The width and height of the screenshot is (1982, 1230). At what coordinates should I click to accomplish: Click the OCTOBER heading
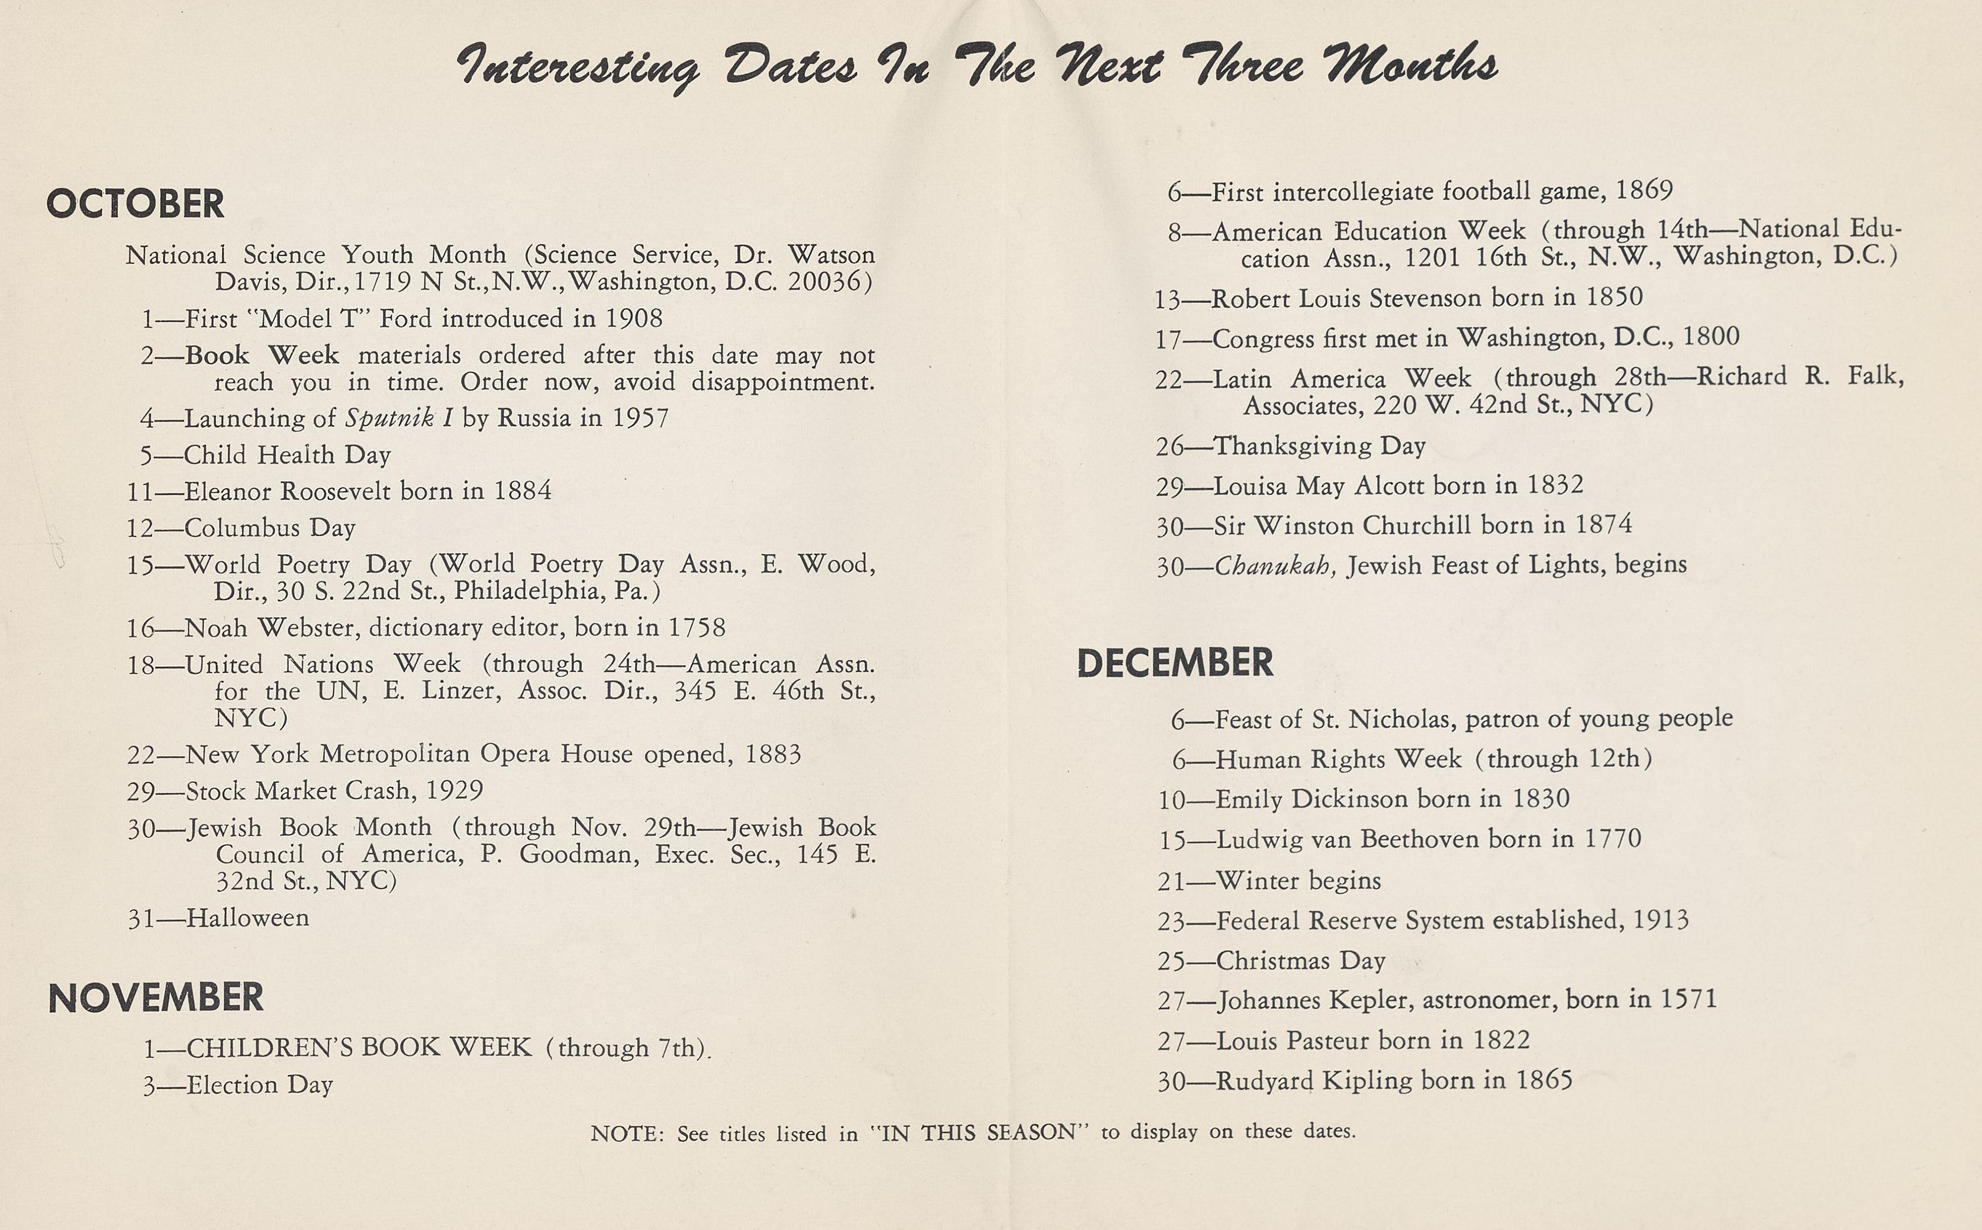coord(135,204)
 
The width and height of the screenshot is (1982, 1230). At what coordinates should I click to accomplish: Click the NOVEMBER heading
coord(156,997)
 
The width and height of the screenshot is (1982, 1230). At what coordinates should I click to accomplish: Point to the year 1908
coord(634,318)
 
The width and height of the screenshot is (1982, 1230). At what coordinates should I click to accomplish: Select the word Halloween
coord(247,918)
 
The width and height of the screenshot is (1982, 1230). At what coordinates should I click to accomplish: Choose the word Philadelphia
coord(528,590)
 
